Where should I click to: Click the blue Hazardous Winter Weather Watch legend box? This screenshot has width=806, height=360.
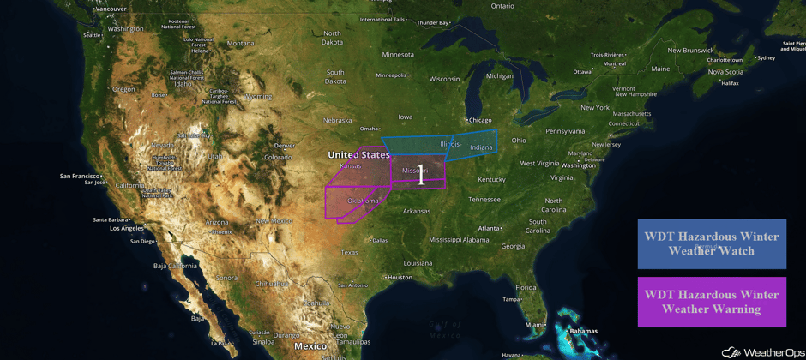712,243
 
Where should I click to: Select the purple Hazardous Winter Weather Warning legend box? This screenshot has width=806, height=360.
712,302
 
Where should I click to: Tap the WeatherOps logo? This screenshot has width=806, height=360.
762,351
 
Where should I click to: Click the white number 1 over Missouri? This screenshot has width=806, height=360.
420,177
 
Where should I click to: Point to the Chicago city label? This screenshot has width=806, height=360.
480,120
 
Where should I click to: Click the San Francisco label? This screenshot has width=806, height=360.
80,176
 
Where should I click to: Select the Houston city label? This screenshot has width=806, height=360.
400,278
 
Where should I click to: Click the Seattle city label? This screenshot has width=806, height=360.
92,35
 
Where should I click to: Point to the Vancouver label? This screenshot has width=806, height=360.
111,9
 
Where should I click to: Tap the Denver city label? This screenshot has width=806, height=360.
284,146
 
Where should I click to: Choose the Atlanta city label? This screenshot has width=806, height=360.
490,228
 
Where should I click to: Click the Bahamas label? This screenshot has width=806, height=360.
583,331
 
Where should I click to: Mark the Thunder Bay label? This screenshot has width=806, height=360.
433,22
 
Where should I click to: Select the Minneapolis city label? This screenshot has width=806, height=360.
391,75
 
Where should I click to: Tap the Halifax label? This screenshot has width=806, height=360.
730,83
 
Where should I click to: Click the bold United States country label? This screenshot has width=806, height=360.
358,155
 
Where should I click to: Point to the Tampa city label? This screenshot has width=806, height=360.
512,299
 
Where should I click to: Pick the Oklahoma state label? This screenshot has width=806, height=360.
363,201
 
